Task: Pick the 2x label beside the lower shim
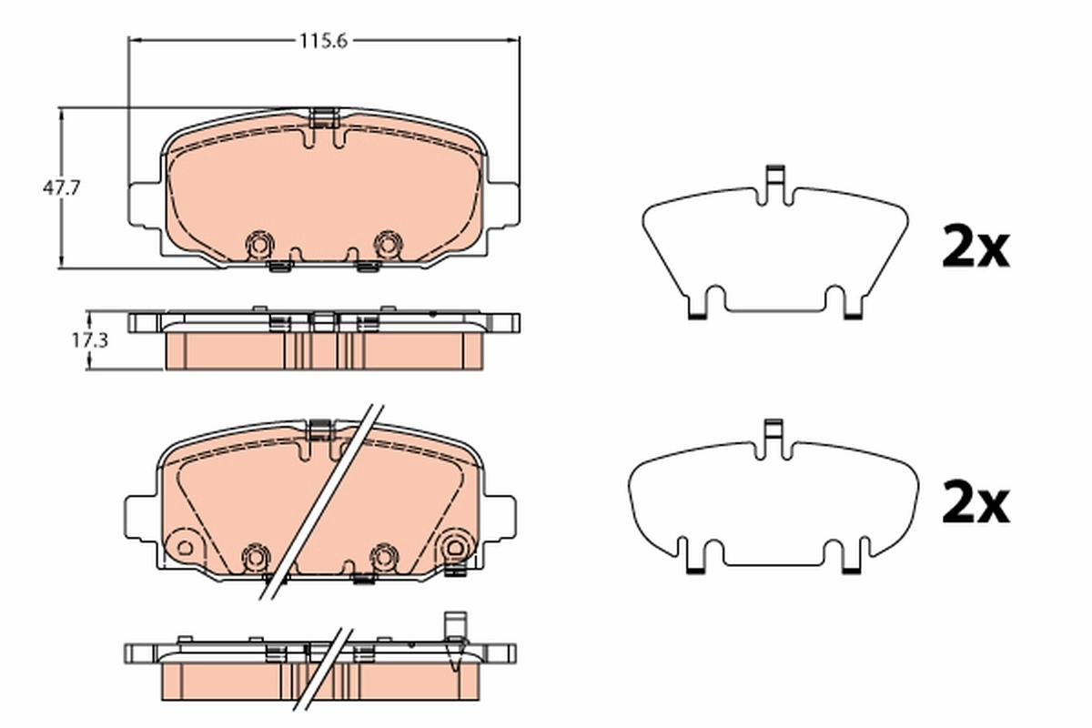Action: [x=975, y=503]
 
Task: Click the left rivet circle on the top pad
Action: [x=259, y=244]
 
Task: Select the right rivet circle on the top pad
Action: [x=389, y=243]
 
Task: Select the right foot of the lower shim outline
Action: [x=853, y=564]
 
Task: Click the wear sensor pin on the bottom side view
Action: [x=452, y=628]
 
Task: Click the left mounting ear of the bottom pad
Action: [x=138, y=514]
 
